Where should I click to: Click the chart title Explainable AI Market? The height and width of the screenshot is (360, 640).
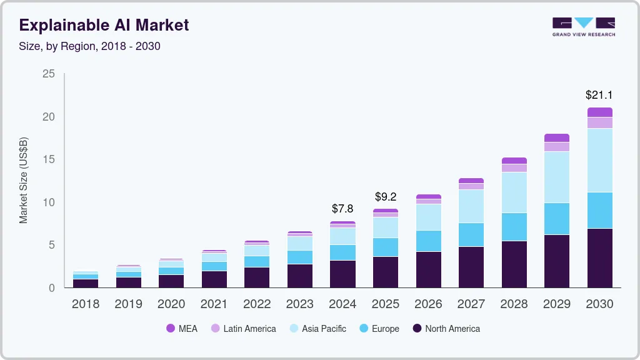click(x=104, y=26)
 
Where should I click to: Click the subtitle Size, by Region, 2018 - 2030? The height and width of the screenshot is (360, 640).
click(x=90, y=46)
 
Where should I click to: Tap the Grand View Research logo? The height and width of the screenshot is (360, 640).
click(x=583, y=26)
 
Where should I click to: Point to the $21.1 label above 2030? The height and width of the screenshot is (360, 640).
click(x=599, y=95)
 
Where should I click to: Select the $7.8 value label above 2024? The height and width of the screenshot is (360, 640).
click(x=342, y=208)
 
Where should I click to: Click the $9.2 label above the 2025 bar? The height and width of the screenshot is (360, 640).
click(x=386, y=196)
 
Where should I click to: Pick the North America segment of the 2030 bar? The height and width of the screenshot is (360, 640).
click(x=600, y=257)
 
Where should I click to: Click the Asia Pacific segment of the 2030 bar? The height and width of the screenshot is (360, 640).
click(x=600, y=160)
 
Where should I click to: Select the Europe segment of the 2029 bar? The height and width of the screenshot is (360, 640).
click(x=557, y=219)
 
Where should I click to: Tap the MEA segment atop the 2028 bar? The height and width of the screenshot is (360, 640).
click(x=514, y=161)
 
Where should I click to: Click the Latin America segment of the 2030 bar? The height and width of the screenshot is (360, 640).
click(x=600, y=122)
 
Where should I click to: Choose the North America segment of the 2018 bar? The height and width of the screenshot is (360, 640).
click(x=86, y=283)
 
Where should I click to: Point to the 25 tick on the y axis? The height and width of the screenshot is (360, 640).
click(x=49, y=74)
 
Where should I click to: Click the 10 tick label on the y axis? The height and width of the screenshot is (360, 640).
click(x=49, y=202)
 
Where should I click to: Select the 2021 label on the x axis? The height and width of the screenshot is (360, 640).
click(x=214, y=304)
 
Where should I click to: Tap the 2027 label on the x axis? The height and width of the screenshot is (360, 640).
click(x=471, y=304)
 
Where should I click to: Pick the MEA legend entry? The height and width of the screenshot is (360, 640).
click(x=182, y=329)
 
